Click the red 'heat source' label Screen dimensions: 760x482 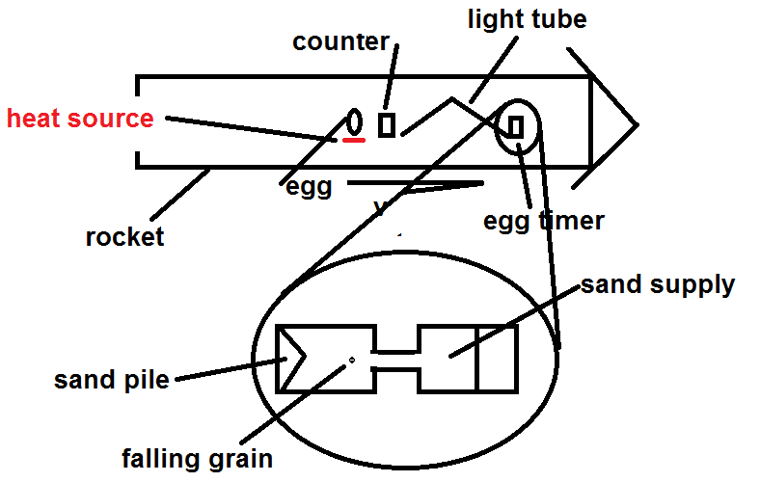[x=80, y=119]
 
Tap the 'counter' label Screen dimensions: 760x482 [x=340, y=42]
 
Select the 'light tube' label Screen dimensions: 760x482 [x=528, y=19]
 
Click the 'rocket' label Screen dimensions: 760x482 [x=125, y=237]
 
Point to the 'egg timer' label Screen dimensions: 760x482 [x=544, y=221]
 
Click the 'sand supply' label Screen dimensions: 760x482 [x=658, y=284]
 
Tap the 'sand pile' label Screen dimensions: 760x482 [x=112, y=379]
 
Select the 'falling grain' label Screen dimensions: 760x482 [x=198, y=458]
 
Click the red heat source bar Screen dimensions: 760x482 [x=354, y=141]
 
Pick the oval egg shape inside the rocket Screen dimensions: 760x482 [x=354, y=121]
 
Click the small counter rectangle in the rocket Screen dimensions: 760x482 [x=387, y=125]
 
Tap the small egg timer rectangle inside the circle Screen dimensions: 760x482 [x=515, y=127]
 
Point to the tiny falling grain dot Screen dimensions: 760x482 [x=352, y=360]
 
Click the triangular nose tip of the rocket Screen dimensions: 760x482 [x=637, y=124]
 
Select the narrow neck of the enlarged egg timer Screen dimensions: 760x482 [x=396, y=360]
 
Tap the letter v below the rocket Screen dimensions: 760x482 [x=380, y=207]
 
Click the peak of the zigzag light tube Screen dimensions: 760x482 [x=451, y=98]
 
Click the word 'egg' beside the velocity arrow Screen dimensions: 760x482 [x=309, y=187]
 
